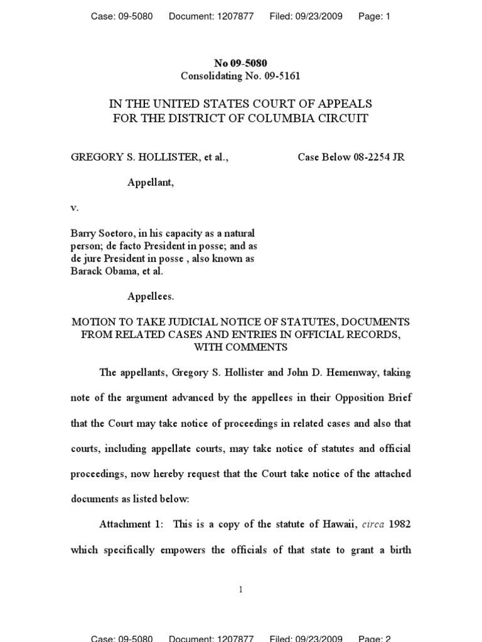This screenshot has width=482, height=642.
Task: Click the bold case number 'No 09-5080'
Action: click(240, 63)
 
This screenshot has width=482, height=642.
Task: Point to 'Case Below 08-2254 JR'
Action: click(351, 157)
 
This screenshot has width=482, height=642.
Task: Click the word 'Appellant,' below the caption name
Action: click(151, 182)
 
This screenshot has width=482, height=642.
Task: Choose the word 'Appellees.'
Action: click(151, 296)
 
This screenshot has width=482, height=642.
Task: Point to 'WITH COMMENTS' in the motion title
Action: click(240, 347)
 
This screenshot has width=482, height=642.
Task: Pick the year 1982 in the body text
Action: click(400, 524)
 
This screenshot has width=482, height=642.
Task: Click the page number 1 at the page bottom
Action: click(241, 589)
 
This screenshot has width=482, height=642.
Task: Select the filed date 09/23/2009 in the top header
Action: click(320, 17)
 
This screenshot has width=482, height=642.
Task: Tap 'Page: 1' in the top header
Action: click(374, 17)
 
